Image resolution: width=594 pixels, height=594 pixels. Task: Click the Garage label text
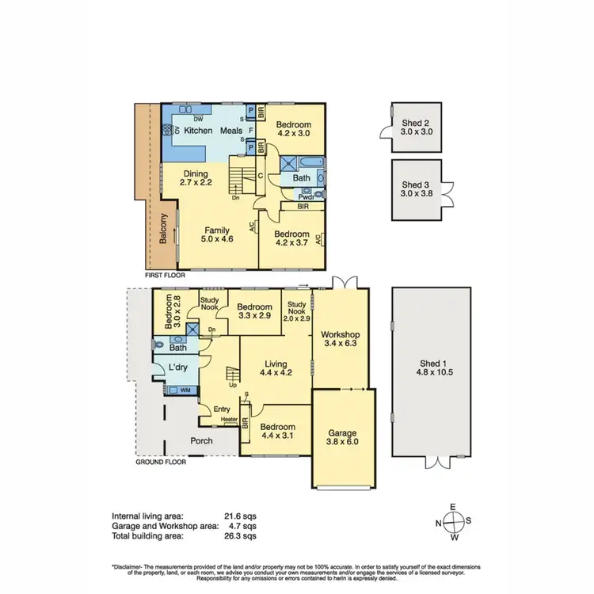342,433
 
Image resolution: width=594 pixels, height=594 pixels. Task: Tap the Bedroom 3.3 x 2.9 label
255,310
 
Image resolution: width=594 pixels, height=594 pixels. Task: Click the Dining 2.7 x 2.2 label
195,178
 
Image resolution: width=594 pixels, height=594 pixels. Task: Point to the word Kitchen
199,131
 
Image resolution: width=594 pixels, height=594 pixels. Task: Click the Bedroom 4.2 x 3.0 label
294,129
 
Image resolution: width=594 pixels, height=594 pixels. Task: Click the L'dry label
178,367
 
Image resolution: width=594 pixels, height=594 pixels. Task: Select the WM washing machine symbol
185,390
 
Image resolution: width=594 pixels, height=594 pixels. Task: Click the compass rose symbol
453,524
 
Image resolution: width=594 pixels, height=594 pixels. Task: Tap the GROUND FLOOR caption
161,462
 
